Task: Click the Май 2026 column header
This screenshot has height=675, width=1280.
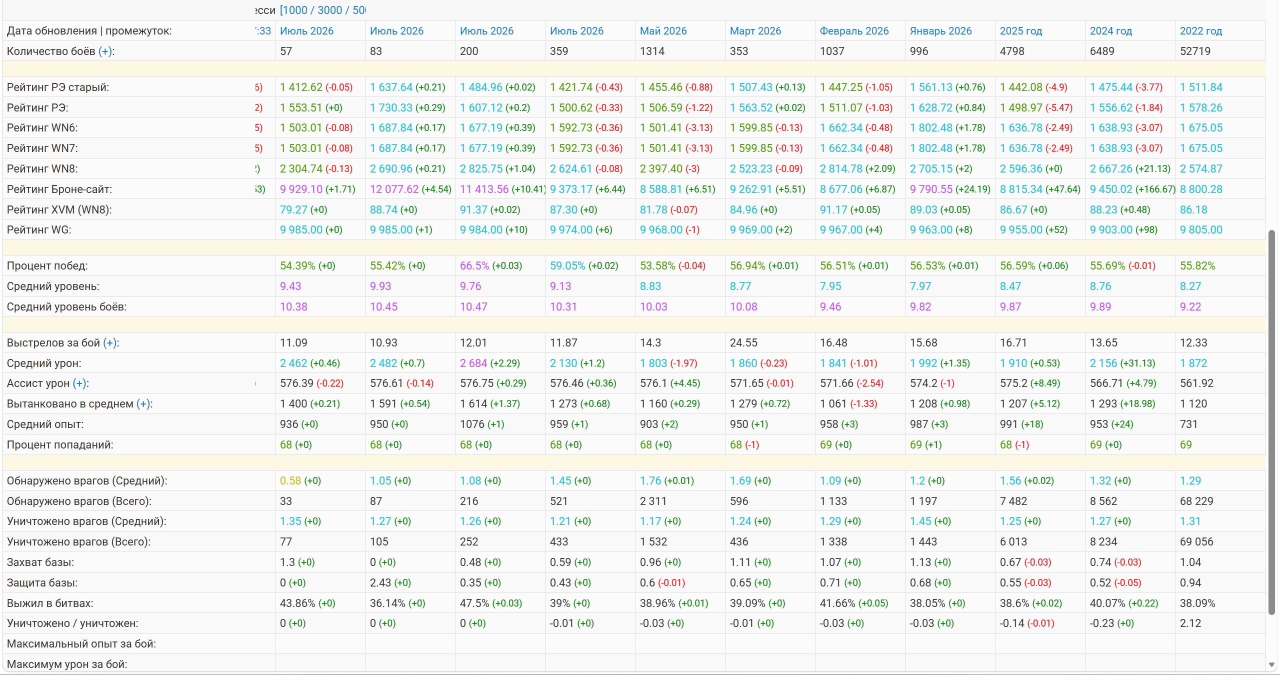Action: click(663, 31)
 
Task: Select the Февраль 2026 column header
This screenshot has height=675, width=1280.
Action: click(854, 31)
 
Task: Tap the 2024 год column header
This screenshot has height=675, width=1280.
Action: click(1110, 31)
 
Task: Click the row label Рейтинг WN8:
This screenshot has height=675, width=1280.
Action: click(42, 169)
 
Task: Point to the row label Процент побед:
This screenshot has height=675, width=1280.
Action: click(47, 266)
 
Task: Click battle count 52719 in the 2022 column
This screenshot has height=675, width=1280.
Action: click(1195, 51)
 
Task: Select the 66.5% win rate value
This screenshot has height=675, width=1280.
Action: click(474, 266)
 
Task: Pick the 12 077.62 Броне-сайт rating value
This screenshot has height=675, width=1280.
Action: click(394, 189)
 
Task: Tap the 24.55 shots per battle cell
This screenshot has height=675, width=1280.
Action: click(743, 343)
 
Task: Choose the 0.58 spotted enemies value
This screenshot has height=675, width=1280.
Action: click(290, 481)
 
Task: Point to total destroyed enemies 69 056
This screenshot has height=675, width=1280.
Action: click(1196, 542)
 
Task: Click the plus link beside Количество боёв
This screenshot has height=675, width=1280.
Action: click(105, 51)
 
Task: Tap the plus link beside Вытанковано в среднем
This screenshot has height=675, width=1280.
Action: click(143, 404)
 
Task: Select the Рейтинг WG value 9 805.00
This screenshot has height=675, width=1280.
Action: click(1201, 230)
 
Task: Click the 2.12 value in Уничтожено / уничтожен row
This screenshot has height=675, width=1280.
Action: click(1190, 623)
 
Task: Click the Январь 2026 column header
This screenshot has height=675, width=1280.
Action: click(940, 31)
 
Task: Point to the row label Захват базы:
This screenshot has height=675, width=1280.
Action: click(40, 562)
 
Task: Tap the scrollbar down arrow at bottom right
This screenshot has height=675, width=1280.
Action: click(1271, 665)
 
